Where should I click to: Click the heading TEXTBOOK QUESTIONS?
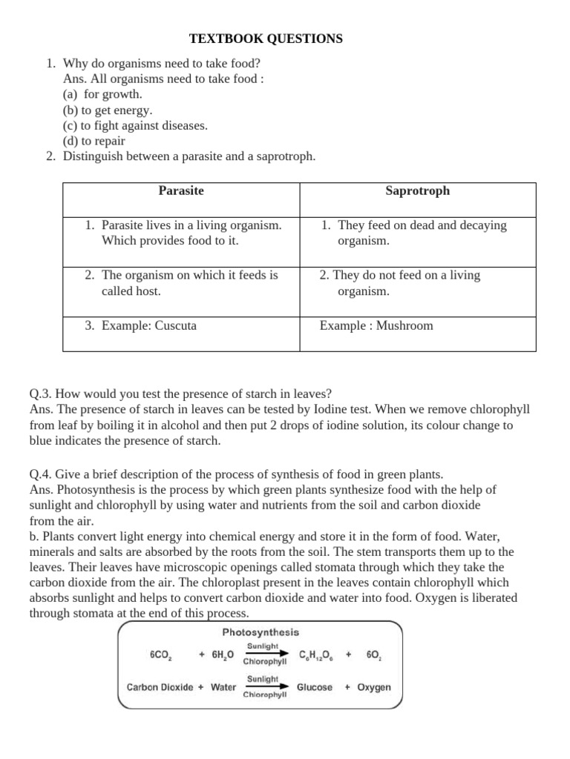tap(265, 39)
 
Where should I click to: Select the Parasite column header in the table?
tap(181, 191)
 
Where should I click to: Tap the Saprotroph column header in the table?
tap(417, 191)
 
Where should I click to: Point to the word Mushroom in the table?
tap(404, 325)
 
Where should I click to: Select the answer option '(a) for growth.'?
tap(102, 94)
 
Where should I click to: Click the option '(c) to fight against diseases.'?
tap(135, 125)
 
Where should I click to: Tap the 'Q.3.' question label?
tap(41, 394)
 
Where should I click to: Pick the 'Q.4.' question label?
tap(41, 474)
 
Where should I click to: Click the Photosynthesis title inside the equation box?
tap(261, 632)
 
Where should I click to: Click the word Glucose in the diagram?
tap(315, 687)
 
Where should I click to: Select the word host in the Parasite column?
tap(148, 291)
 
